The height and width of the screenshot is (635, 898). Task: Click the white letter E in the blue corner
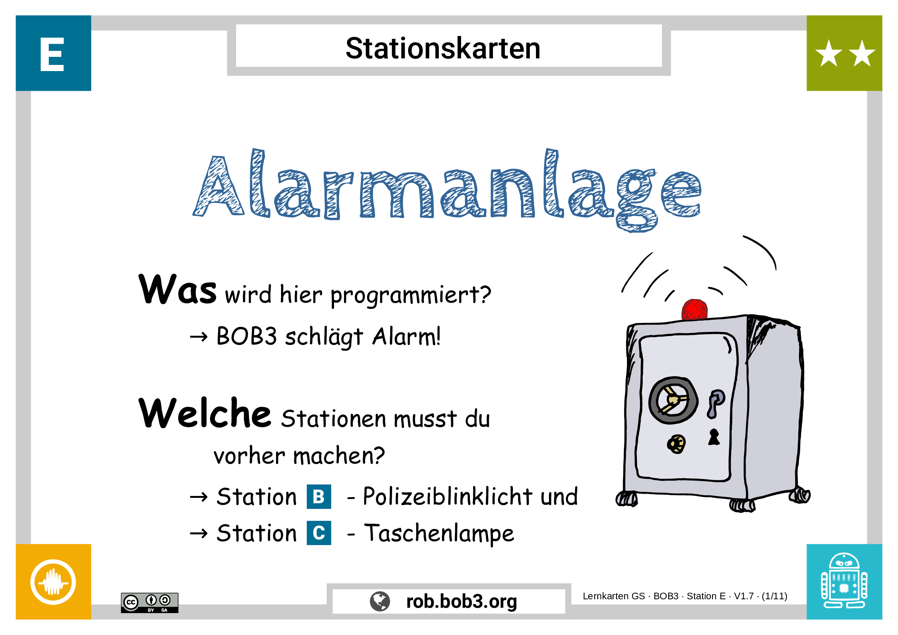click(x=52, y=55)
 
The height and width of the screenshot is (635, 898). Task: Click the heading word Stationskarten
click(x=443, y=48)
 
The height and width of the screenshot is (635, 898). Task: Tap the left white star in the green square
click(x=829, y=53)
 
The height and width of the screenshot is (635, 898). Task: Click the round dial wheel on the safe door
click(x=673, y=400)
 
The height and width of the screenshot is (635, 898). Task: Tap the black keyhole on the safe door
click(x=714, y=437)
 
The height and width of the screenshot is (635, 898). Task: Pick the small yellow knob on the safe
click(x=676, y=444)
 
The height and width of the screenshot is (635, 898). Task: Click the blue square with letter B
click(x=319, y=496)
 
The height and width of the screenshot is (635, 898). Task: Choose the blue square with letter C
click(x=319, y=533)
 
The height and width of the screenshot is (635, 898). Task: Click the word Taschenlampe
click(x=439, y=534)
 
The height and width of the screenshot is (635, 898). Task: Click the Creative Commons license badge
click(x=149, y=602)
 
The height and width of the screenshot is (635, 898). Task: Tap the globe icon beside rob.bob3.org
click(x=380, y=601)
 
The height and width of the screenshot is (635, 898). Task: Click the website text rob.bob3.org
click(x=461, y=602)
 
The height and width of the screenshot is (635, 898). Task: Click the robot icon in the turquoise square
click(x=844, y=581)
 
